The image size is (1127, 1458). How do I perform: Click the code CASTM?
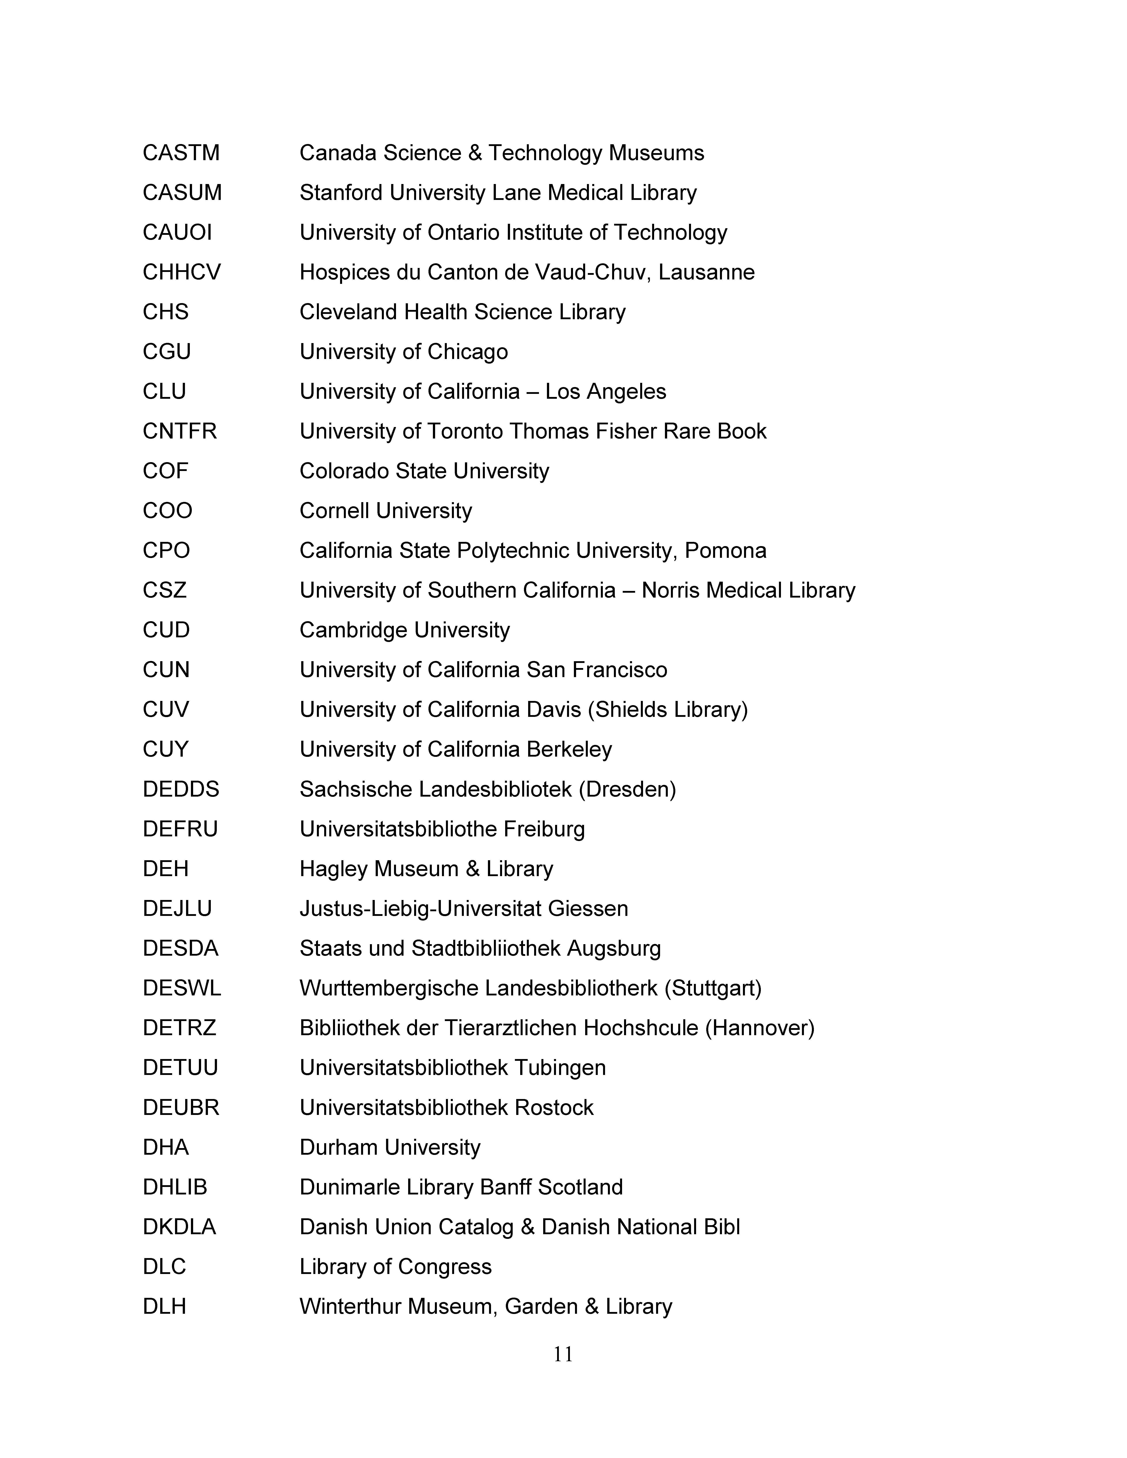pyautogui.click(x=181, y=153)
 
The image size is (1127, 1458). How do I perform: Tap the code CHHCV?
pyautogui.click(x=182, y=272)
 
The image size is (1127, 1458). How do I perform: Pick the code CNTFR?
pyautogui.click(x=180, y=431)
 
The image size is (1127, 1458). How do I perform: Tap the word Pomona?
pyautogui.click(x=726, y=551)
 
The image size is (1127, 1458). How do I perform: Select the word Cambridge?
pyautogui.click(x=353, y=630)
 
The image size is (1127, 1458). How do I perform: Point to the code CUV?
pyautogui.click(x=166, y=710)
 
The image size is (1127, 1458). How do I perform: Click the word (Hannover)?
pyautogui.click(x=760, y=1028)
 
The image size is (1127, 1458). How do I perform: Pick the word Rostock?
pyautogui.click(x=554, y=1107)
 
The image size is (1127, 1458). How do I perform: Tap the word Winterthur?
pyautogui.click(x=350, y=1306)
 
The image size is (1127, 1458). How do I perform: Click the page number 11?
pyautogui.click(x=563, y=1355)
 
